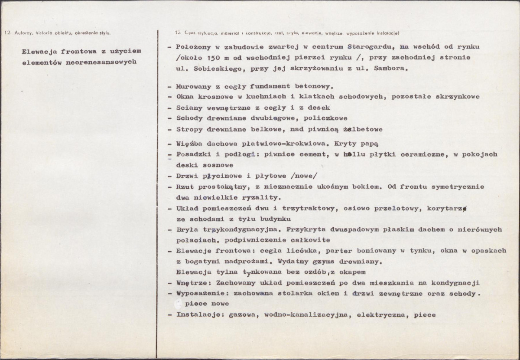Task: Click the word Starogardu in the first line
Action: pyautogui.click(x=367, y=47)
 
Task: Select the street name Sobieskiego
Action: pyautogui.click(x=212, y=69)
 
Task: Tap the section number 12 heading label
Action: pyautogui.click(x=7, y=33)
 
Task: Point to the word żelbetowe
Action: pyautogui.click(x=362, y=129)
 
